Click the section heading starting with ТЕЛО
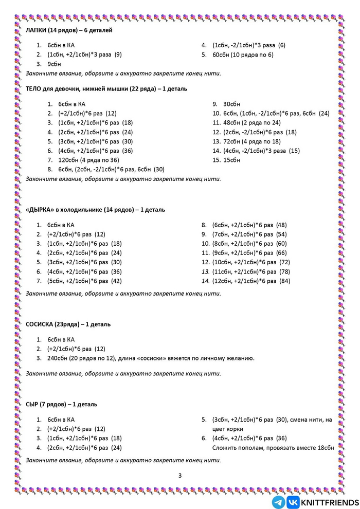(x=106, y=89)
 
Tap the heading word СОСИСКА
(x=40, y=324)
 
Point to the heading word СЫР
(x=32, y=404)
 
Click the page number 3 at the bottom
(x=180, y=475)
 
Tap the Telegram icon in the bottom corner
(x=278, y=502)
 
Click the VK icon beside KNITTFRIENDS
(x=293, y=502)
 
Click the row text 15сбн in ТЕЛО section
(x=232, y=160)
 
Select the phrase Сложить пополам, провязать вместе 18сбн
(x=273, y=448)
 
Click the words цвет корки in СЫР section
(x=227, y=429)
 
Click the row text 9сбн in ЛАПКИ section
(x=54, y=64)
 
